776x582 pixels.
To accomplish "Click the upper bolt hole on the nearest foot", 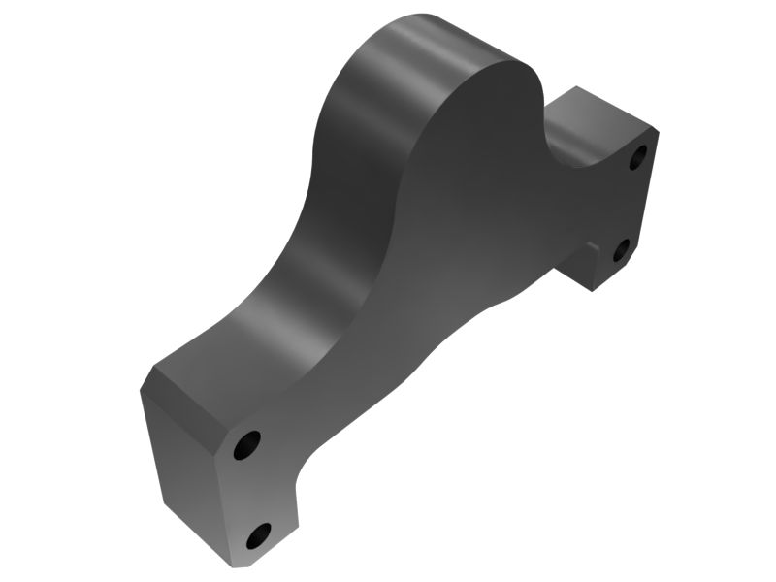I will [247, 445].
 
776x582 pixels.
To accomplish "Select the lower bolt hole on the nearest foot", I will [259, 534].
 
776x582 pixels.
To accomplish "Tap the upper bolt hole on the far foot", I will [638, 156].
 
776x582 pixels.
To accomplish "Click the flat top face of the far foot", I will [601, 112].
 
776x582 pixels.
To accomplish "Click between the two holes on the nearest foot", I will [253, 490].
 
